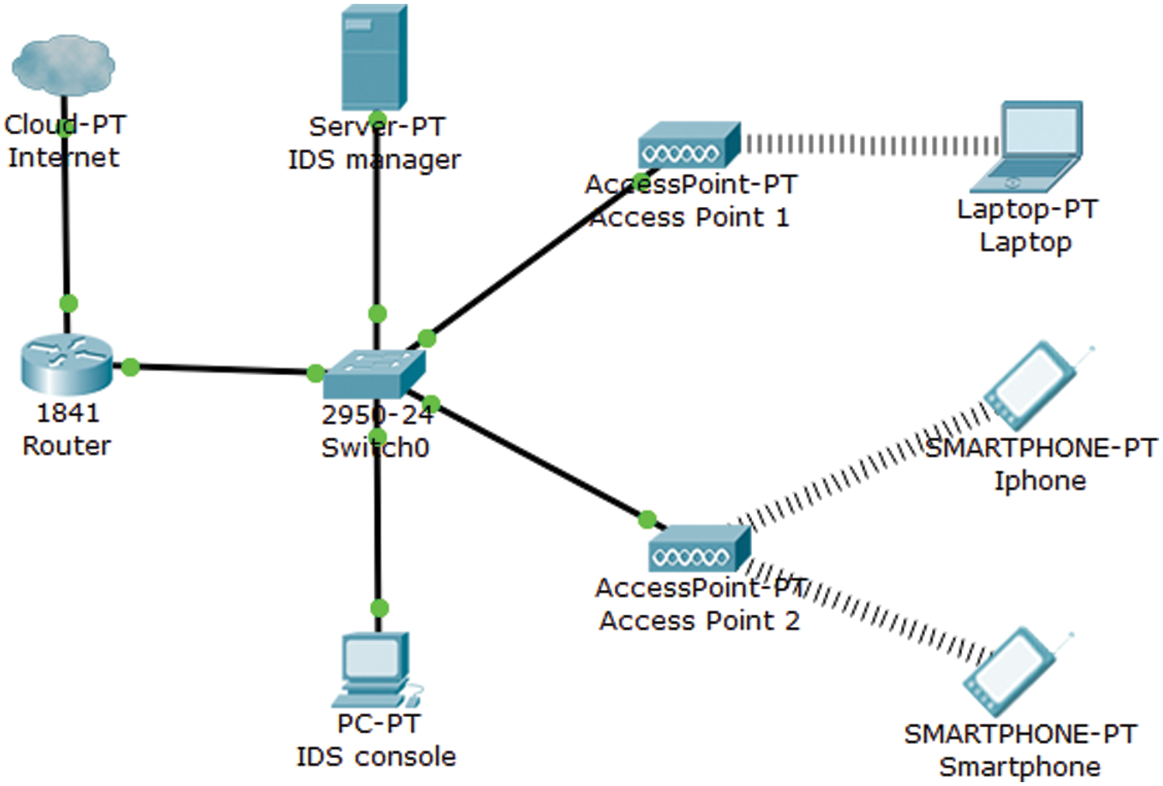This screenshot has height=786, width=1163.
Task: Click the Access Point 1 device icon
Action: pos(688,146)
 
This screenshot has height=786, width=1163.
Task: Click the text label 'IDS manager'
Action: pos(374,160)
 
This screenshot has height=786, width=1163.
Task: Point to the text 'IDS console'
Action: pos(376,757)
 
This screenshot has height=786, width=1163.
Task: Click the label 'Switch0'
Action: pos(375,448)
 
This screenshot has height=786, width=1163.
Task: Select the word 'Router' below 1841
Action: pos(67,446)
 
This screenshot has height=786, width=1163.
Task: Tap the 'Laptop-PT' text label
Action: pos(1027,209)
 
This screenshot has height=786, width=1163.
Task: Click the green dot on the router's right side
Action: pos(130,367)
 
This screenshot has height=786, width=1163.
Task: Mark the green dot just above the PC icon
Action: pos(378,608)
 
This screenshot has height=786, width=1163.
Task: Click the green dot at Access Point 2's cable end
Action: pos(647,519)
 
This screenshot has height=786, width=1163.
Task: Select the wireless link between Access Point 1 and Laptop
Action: pos(868,145)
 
